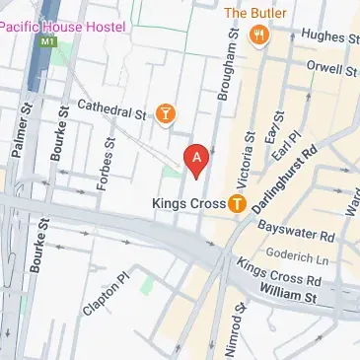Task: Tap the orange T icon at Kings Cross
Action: click(x=238, y=204)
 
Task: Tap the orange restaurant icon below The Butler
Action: click(x=259, y=36)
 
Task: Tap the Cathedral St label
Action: click(x=111, y=108)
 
